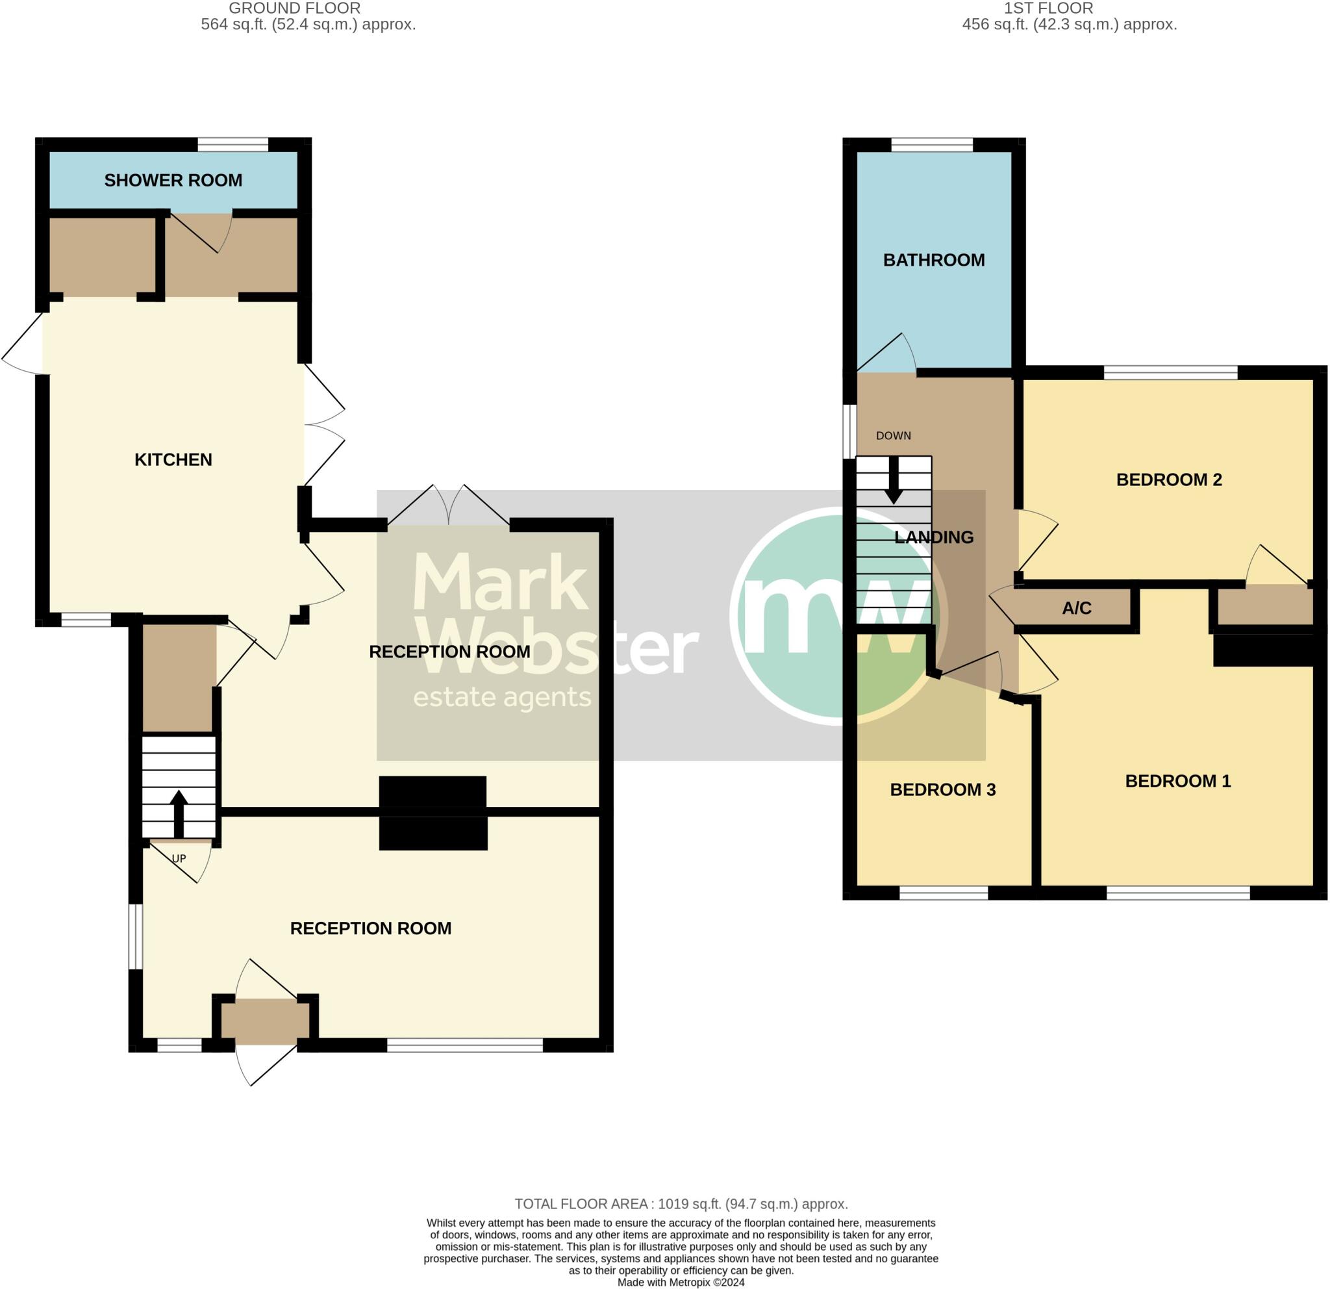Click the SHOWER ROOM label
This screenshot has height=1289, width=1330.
[x=173, y=181]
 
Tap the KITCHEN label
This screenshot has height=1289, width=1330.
[x=173, y=460]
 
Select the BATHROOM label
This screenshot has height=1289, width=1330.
[x=934, y=260]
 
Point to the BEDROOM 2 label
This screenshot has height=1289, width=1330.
[x=1169, y=480]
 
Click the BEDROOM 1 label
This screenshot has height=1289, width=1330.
[x=1178, y=782]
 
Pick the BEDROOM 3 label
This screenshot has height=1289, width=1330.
[x=942, y=790]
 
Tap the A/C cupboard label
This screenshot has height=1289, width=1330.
[x=1077, y=608]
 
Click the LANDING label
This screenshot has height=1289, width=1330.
[x=934, y=537]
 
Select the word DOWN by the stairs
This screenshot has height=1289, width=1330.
[x=894, y=436]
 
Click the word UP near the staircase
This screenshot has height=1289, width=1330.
[x=179, y=859]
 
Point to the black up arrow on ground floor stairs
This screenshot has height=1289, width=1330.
[x=179, y=813]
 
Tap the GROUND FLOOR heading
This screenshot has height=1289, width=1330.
[x=294, y=8]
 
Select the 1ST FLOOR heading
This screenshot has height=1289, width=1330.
[x=1048, y=8]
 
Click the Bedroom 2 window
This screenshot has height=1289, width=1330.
[x=1171, y=373]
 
